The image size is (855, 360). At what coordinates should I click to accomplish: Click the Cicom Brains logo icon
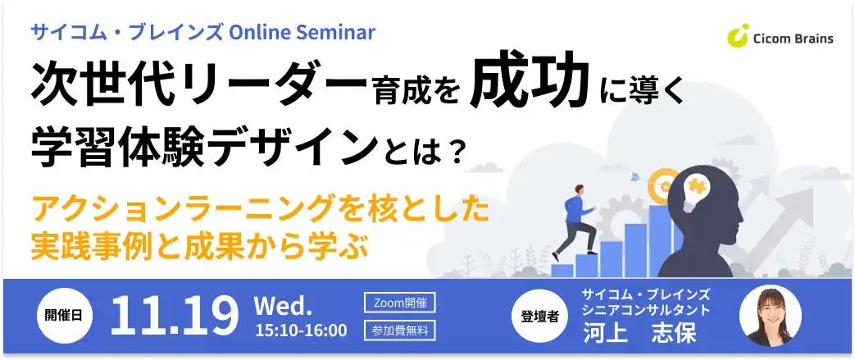pyautogui.click(x=738, y=36)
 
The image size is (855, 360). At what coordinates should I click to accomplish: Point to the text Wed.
pyautogui.click(x=283, y=307)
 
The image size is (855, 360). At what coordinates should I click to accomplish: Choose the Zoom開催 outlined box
pyautogui.click(x=399, y=303)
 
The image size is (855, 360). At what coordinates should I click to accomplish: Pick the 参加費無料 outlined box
pyautogui.click(x=399, y=330)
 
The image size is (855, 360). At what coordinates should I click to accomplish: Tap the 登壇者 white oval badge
pyautogui.click(x=539, y=317)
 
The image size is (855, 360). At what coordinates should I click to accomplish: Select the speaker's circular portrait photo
pyautogui.click(x=770, y=316)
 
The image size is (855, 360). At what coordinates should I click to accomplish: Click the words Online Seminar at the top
pyautogui.click(x=302, y=31)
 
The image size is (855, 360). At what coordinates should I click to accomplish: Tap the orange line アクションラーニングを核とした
pyautogui.click(x=261, y=210)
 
